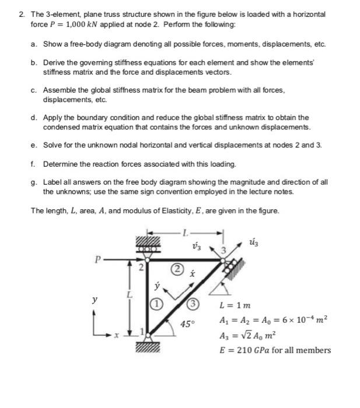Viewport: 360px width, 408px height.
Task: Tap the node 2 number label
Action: (x=140, y=269)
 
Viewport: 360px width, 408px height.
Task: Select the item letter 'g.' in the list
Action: (x=34, y=182)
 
